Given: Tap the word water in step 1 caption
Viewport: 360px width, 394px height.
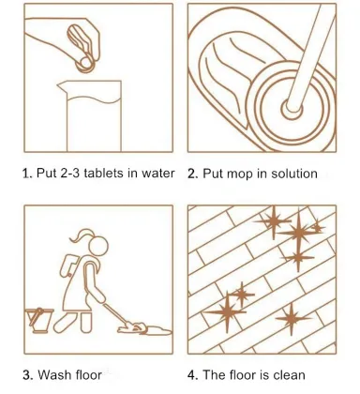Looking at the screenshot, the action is click(x=158, y=174).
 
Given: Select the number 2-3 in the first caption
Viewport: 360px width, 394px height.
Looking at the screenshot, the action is click(x=70, y=173).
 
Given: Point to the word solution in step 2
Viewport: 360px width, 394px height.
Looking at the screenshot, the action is click(x=294, y=174).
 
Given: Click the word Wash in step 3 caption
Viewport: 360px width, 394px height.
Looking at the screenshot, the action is click(x=55, y=374).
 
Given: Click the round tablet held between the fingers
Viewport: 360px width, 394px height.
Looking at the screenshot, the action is click(x=84, y=64).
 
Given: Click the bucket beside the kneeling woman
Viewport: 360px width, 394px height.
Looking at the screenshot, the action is click(x=39, y=320).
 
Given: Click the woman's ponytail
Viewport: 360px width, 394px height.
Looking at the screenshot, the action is click(x=81, y=235).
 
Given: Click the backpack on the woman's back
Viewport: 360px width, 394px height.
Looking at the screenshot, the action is click(x=68, y=265).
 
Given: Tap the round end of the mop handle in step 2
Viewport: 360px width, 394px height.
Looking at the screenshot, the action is click(x=292, y=109).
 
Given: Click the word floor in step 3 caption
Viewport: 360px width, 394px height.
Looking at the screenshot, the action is click(x=88, y=374).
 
